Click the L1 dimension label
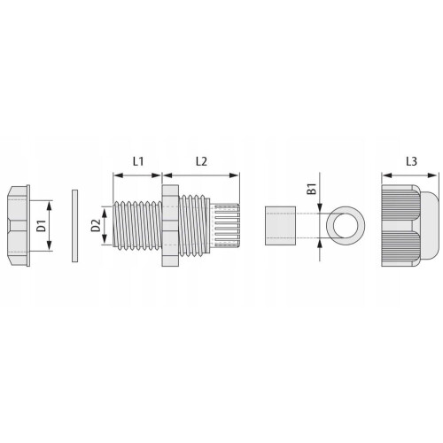click(x=138, y=161)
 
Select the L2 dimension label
click(x=201, y=161)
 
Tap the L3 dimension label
click(x=411, y=161)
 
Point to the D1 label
click(x=42, y=226)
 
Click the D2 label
click(x=96, y=226)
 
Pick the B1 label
click(x=312, y=189)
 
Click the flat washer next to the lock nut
click(x=75, y=226)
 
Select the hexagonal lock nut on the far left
click(x=19, y=226)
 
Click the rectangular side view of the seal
click(x=281, y=226)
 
